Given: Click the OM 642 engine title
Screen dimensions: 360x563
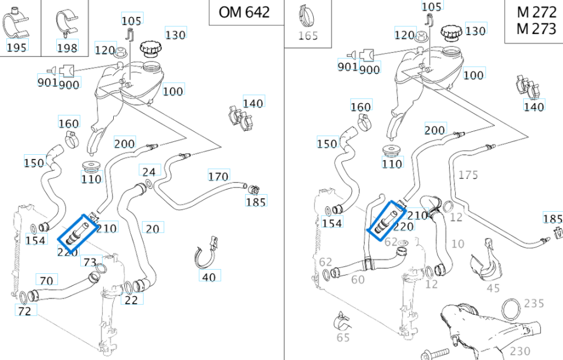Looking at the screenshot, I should pyautogui.click(x=244, y=12).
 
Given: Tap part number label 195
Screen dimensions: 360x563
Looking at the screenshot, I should pyautogui.click(x=16, y=47).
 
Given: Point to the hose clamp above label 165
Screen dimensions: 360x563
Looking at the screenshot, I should pyautogui.click(x=306, y=15).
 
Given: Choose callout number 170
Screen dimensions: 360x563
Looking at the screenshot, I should pyautogui.click(x=218, y=176).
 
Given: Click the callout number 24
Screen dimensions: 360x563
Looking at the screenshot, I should pyautogui.click(x=150, y=172).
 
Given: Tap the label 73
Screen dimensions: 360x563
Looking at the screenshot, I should pyautogui.click(x=90, y=261).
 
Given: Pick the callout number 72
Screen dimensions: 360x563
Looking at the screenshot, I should pyautogui.click(x=24, y=311).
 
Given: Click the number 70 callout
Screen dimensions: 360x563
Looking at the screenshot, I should pyautogui.click(x=46, y=280).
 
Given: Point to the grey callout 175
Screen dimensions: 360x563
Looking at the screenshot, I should pyautogui.click(x=468, y=175).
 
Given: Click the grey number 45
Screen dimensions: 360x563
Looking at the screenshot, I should pyautogui.click(x=493, y=288).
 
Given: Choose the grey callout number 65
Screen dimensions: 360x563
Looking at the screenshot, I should pyautogui.click(x=343, y=338).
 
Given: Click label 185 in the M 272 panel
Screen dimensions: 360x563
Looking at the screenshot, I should pyautogui.click(x=552, y=219).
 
